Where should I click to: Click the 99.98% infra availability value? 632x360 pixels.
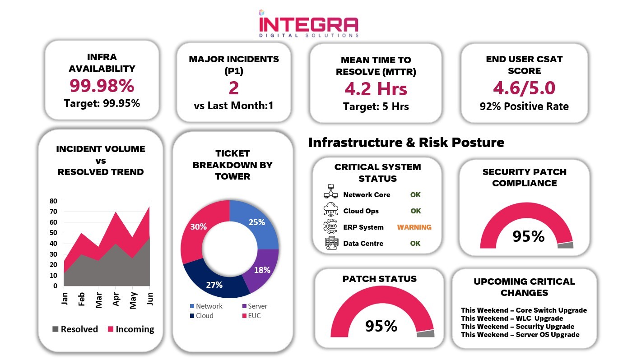click(x=102, y=85)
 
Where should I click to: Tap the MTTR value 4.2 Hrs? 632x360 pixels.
click(x=376, y=89)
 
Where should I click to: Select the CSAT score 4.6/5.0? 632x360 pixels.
click(x=524, y=88)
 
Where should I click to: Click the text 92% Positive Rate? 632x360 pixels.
click(x=524, y=106)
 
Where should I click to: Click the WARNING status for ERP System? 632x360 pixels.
click(x=414, y=227)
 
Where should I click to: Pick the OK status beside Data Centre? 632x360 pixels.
click(x=415, y=243)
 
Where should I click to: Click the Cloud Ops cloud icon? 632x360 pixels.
click(x=330, y=210)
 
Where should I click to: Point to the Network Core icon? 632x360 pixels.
click(x=330, y=191)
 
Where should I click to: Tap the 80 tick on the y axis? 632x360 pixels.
click(x=53, y=201)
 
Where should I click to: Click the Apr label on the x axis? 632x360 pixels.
click(x=116, y=299)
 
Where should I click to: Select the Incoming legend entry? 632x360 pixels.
click(x=131, y=329)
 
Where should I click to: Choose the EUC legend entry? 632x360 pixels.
click(x=251, y=316)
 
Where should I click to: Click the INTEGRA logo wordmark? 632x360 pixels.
click(x=309, y=25)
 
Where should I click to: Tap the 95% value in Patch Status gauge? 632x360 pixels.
click(x=381, y=326)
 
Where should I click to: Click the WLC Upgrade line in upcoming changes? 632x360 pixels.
click(x=512, y=318)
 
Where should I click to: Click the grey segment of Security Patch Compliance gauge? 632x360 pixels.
click(x=565, y=245)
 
